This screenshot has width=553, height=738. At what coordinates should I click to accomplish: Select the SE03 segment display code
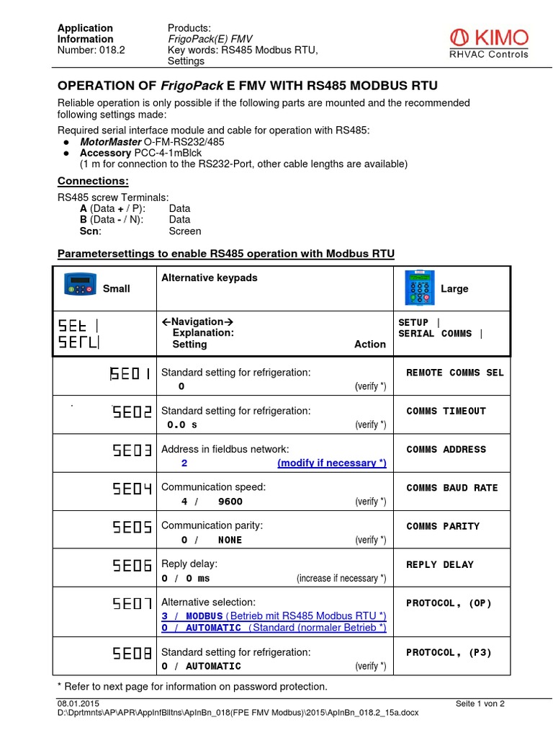(132, 450)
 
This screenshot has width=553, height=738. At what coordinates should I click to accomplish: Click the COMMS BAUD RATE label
(451, 488)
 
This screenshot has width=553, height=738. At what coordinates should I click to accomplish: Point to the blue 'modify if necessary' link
(332, 463)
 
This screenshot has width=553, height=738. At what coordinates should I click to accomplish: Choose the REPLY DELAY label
(440, 565)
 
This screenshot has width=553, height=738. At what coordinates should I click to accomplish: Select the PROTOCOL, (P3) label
(449, 652)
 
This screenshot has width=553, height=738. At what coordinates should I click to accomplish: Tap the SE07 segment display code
(132, 604)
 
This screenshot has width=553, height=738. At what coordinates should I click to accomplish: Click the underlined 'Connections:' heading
(93, 180)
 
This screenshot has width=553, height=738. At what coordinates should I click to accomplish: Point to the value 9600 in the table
(230, 502)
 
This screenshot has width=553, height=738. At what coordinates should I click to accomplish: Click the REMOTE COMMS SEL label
(455, 373)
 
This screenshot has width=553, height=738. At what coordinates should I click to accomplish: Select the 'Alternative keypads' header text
(209, 277)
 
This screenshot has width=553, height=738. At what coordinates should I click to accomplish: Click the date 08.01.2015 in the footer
(78, 703)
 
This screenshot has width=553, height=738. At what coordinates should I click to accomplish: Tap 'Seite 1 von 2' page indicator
(480, 703)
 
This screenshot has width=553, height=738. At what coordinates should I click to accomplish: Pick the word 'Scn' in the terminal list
(90, 231)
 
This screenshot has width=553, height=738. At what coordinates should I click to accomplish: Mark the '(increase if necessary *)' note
(341, 578)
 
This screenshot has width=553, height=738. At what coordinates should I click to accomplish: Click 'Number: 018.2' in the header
(91, 50)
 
